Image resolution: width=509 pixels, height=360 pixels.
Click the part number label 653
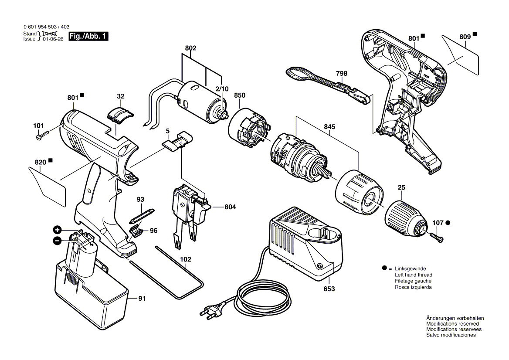click(329, 289)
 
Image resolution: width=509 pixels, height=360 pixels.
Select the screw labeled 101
click(44, 136)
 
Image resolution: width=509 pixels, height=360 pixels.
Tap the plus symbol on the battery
click(57, 230)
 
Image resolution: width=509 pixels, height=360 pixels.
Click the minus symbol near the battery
click(57, 241)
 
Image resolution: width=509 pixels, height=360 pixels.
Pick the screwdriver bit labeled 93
click(142, 215)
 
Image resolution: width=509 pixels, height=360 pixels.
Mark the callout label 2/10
click(222, 89)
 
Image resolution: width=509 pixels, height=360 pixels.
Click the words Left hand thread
click(413, 275)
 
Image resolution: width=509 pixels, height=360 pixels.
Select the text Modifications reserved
click(452, 324)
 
